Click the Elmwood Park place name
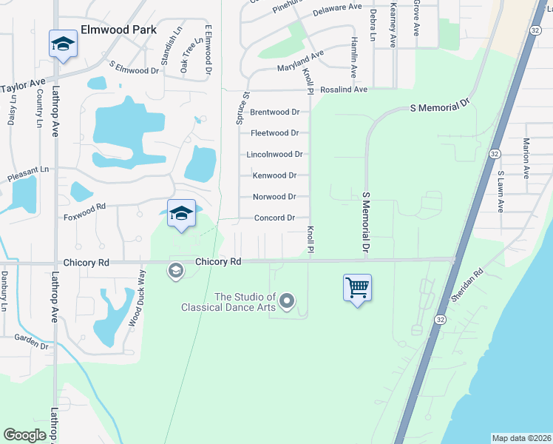(x=119, y=30)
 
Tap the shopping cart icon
(x=357, y=287)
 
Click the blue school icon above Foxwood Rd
(x=181, y=214)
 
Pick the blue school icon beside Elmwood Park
(x=64, y=44)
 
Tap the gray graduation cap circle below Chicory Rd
(x=175, y=270)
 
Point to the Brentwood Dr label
(x=274, y=112)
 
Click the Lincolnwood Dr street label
(x=274, y=155)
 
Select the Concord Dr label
(x=274, y=218)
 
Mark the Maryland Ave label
(x=301, y=61)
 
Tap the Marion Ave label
(x=526, y=158)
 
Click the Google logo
(x=24, y=435)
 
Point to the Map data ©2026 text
(x=521, y=438)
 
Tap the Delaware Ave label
(x=337, y=10)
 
